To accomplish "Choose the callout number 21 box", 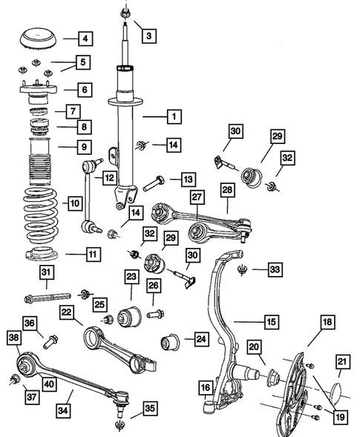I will (343, 361).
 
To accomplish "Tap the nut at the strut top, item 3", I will (123, 12).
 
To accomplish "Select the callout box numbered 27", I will (197, 197).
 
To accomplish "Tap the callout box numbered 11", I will (92, 255).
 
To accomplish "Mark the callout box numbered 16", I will (205, 387).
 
